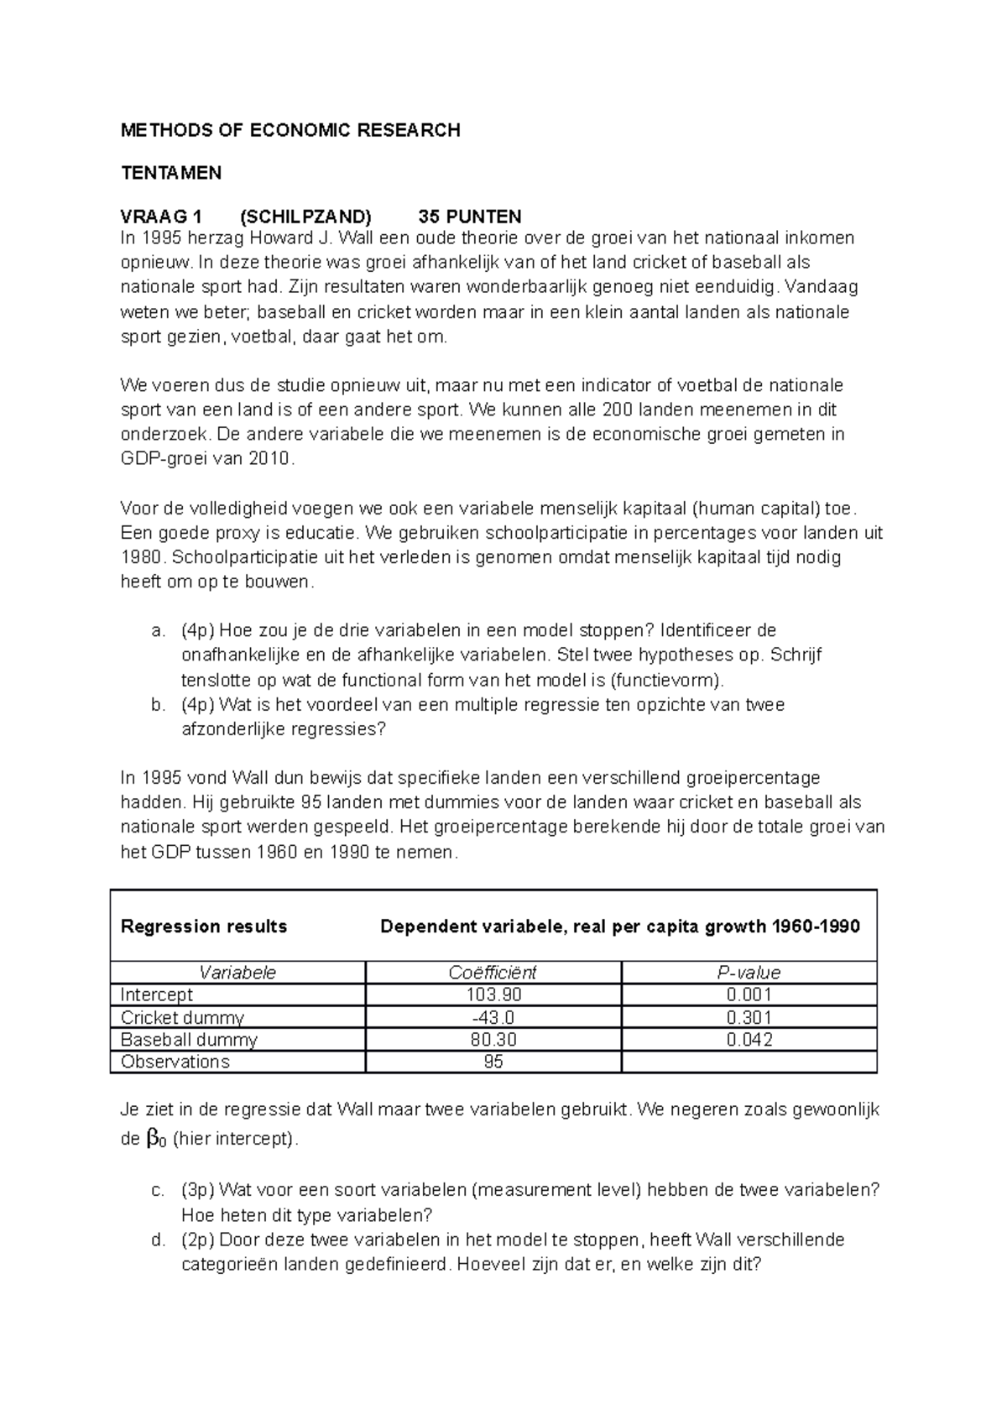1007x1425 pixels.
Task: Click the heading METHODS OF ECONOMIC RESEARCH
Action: coord(290,130)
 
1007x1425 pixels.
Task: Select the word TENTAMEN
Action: coord(171,174)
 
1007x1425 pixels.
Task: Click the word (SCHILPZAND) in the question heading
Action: coord(305,217)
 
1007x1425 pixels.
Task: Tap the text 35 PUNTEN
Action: coord(470,217)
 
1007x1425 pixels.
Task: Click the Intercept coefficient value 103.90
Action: coord(493,995)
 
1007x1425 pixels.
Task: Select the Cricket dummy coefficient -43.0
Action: coord(493,1018)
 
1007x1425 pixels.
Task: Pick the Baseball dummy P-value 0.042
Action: coord(749,1040)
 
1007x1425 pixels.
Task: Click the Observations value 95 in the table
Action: coord(493,1062)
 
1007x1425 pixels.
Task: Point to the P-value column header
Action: coord(749,973)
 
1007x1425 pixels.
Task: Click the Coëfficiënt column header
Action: coord(493,973)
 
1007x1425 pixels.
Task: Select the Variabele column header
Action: coord(237,973)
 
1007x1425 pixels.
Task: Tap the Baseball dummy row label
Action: coord(189,1040)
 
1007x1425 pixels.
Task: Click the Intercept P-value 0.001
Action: coord(749,995)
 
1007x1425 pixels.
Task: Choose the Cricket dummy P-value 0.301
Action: coord(749,1018)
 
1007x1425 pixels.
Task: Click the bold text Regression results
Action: coord(204,927)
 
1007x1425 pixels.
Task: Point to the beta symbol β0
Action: coord(155,1140)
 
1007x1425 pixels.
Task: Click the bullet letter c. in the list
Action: coord(158,1190)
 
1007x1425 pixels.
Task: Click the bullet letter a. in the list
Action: coord(158,630)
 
